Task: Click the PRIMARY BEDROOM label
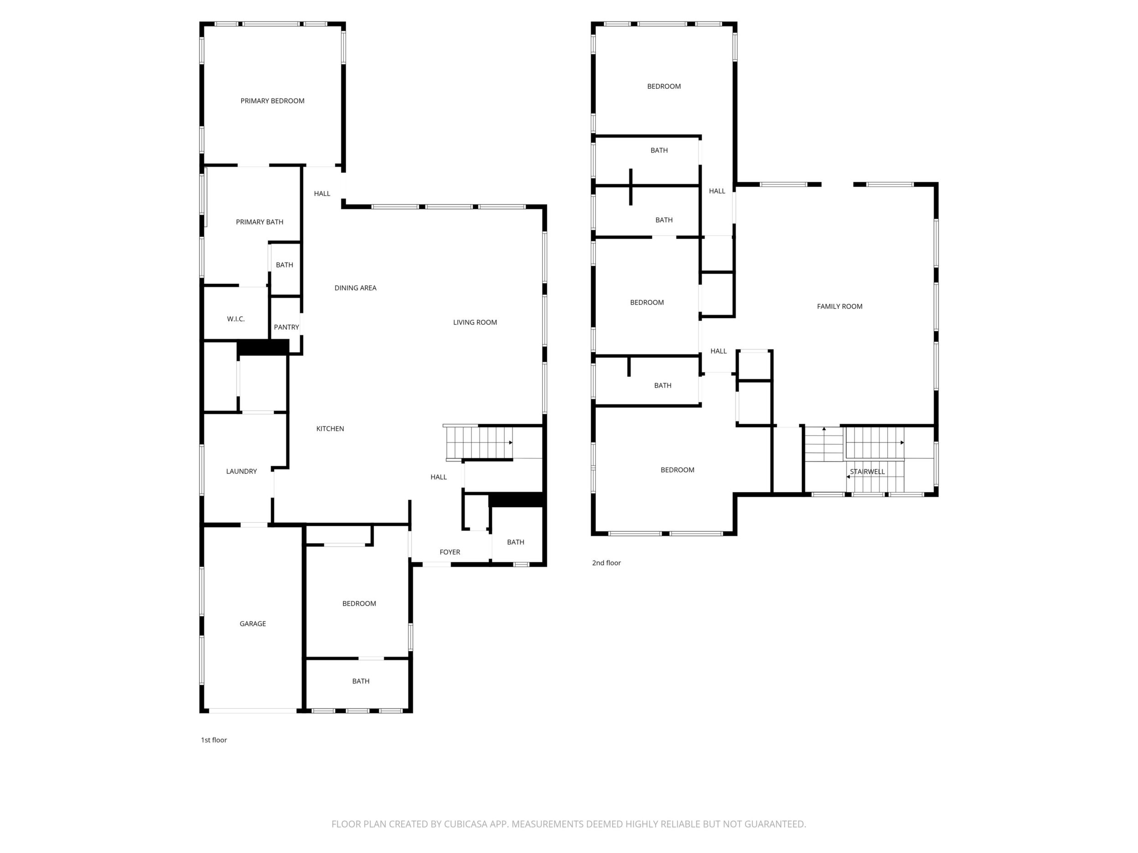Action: pos(272,101)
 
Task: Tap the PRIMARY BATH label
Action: pos(259,222)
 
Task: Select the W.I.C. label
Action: pos(236,319)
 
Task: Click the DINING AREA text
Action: pos(355,288)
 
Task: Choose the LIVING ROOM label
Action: pos(475,323)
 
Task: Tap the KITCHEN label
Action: pos(330,429)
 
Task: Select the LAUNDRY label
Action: pos(241,472)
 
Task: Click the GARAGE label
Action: pos(253,624)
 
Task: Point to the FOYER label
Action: pos(450,552)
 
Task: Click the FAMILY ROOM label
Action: pos(840,307)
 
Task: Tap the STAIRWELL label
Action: pos(867,472)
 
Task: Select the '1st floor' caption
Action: pos(213,740)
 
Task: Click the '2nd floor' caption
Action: pos(606,563)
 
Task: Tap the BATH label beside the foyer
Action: pos(516,542)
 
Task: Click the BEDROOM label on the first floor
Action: pos(359,604)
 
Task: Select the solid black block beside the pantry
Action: pos(262,348)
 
